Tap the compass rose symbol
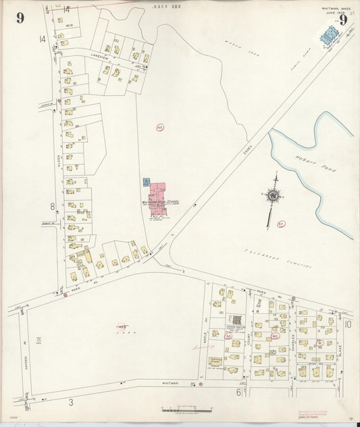pos(273,196)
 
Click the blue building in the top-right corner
pos(329,36)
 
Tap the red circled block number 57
pos(280,224)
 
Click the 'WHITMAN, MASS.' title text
pos(336,9)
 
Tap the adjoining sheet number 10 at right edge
pos(349,324)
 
